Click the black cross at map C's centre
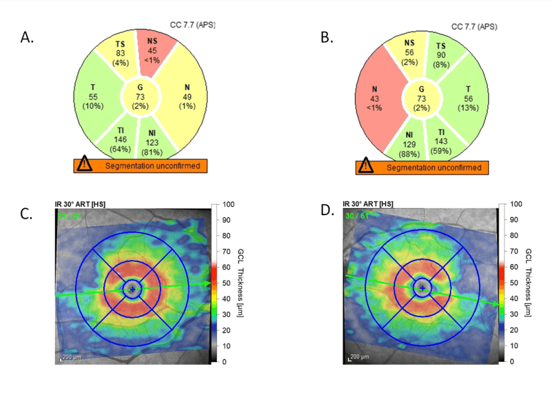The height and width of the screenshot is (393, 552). click(x=132, y=290)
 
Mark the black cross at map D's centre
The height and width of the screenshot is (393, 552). click(x=422, y=287)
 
